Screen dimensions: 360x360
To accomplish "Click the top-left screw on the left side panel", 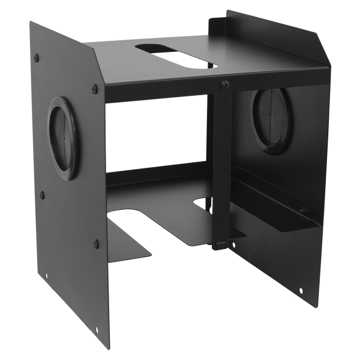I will pyautogui.click(x=38, y=57).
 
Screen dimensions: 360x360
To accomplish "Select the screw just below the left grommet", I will pyautogui.click(x=43, y=195).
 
